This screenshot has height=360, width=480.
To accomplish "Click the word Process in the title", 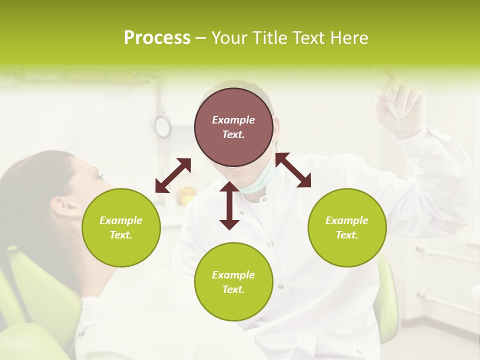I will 157,38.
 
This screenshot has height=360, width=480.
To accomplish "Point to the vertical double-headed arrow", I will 229,206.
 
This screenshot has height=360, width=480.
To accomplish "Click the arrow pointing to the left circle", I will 173,175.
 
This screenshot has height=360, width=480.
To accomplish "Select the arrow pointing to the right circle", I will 293,170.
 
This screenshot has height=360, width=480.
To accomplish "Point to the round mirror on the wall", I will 162,126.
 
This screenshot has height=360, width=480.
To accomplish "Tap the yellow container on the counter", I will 187,193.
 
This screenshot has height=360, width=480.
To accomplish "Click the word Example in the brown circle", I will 233,120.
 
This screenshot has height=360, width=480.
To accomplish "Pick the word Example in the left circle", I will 121,220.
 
